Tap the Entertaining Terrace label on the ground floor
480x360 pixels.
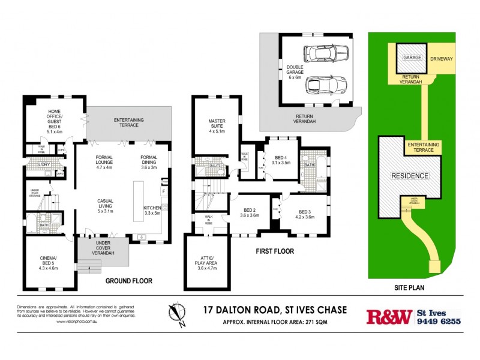(129, 123)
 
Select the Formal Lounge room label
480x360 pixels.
(108, 163)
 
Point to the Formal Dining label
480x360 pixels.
(145, 163)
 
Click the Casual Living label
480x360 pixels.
(109, 206)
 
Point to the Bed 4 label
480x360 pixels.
(281, 160)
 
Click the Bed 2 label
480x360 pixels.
(249, 212)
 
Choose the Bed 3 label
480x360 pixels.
(305, 214)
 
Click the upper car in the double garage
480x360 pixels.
(322, 55)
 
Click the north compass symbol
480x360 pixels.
(176, 315)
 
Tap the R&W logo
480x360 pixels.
(389, 316)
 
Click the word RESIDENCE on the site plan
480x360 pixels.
(410, 176)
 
